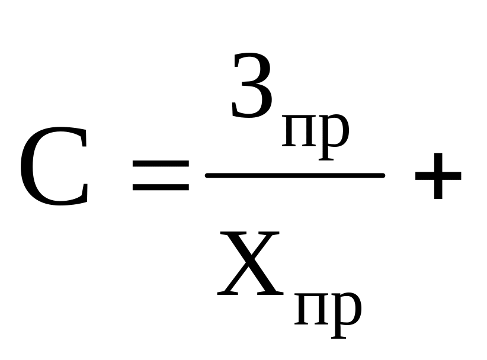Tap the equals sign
161,175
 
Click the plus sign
438,175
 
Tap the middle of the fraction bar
294,175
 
